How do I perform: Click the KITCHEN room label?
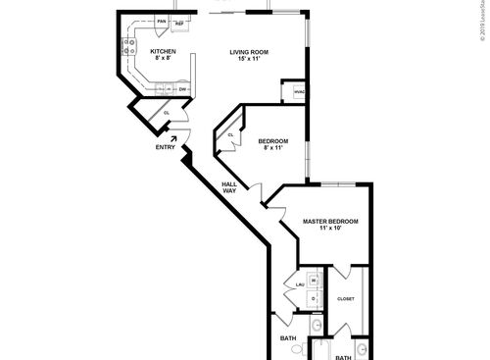[163, 51]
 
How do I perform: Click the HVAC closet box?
[298, 94]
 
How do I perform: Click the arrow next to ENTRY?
[175, 138]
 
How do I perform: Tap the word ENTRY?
[166, 148]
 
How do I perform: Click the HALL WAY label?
[229, 187]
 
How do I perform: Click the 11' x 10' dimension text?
[329, 230]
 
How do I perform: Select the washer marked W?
[314, 281]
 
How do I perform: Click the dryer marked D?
[314, 297]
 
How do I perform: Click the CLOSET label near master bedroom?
[346, 298]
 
